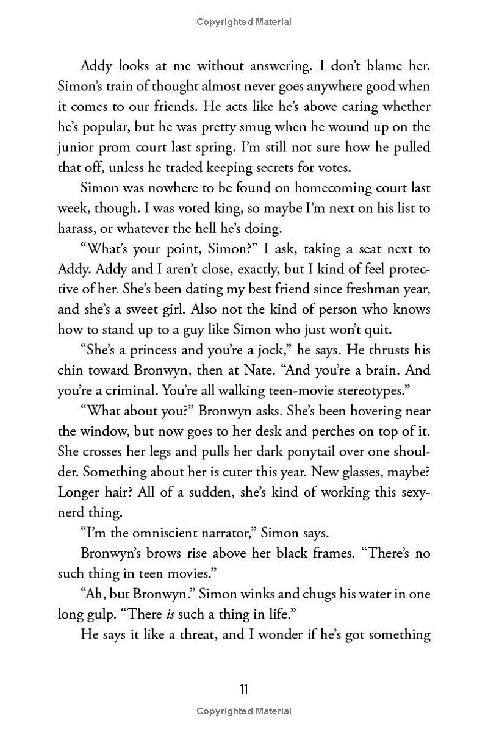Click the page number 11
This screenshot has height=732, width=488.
click(243, 689)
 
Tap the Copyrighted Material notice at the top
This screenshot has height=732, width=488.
click(243, 22)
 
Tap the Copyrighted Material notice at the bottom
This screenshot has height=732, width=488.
click(243, 711)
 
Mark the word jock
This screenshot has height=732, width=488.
click(267, 350)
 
